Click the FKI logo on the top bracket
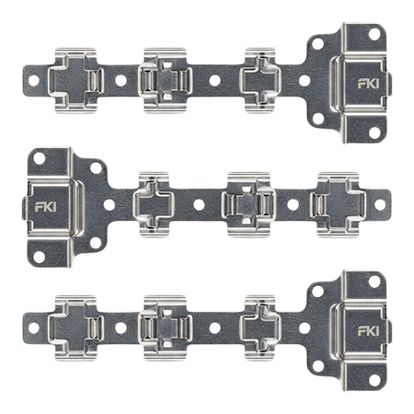[x=368, y=84]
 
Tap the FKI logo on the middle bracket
[x=45, y=207]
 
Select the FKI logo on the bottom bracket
[x=368, y=331]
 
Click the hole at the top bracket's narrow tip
[x=34, y=81]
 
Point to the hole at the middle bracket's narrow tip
[x=380, y=204]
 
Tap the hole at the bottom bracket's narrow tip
[x=34, y=328]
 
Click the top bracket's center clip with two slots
[x=166, y=81]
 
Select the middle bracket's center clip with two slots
[x=248, y=204]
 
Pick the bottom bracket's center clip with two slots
[x=166, y=328]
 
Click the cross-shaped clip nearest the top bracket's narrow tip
[x=76, y=81]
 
